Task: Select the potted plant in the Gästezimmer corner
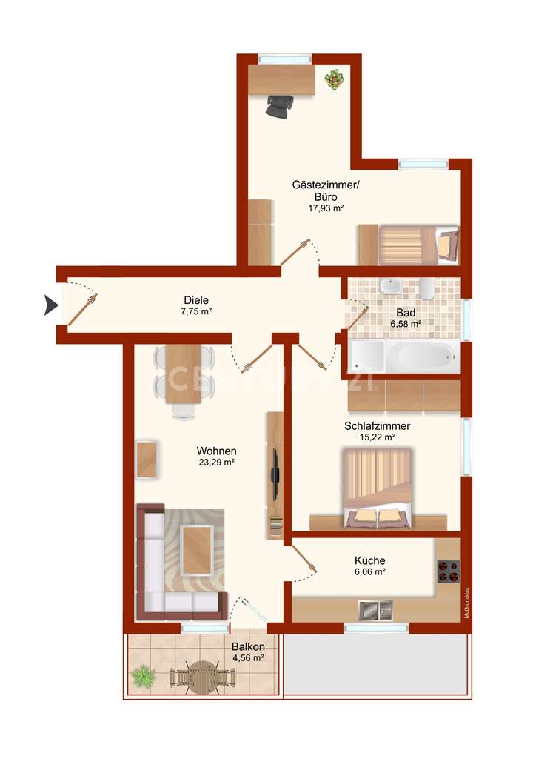(x=335, y=78)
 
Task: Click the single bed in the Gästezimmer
(x=418, y=245)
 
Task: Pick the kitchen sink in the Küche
(x=374, y=610)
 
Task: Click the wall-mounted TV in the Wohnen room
(x=275, y=474)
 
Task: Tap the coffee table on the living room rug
(x=197, y=549)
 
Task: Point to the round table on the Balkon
(x=201, y=676)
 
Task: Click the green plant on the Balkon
(x=142, y=675)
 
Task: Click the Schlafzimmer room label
(x=377, y=426)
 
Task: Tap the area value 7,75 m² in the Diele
(x=197, y=312)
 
